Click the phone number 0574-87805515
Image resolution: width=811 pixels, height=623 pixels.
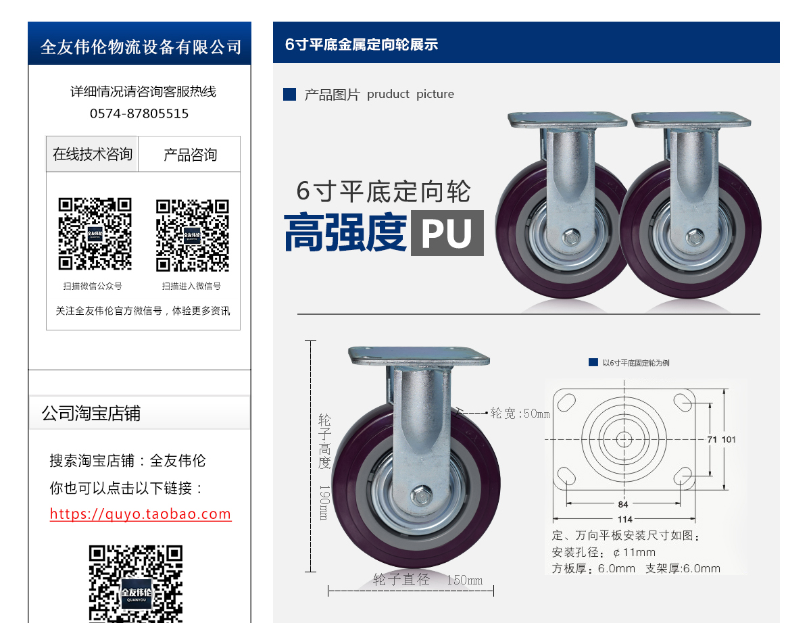(x=139, y=114)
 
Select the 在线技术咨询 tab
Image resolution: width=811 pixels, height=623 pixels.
(x=92, y=154)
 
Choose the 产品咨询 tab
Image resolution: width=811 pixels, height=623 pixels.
(x=190, y=154)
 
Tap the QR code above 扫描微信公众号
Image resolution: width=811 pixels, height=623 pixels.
(x=95, y=234)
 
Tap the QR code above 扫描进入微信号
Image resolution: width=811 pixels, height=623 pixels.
(x=193, y=235)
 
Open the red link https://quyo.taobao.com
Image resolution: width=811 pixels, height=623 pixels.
(x=141, y=514)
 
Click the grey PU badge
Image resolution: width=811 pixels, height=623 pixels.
(x=447, y=233)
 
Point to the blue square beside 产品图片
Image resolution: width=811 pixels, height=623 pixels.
(x=290, y=95)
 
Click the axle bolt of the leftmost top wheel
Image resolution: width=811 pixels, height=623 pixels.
(x=571, y=237)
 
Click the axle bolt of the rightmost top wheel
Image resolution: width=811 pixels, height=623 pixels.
(x=695, y=236)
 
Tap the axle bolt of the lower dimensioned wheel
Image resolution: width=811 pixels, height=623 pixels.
(x=422, y=496)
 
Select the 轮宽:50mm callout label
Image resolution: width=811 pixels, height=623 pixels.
(x=520, y=414)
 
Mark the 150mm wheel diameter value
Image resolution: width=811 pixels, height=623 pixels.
(x=465, y=580)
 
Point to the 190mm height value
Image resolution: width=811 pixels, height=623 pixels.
(x=324, y=503)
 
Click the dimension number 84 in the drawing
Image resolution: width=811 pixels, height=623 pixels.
(x=623, y=504)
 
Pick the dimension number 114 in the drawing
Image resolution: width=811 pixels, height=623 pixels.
(x=624, y=520)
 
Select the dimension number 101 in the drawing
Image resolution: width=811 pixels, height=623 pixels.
(x=729, y=439)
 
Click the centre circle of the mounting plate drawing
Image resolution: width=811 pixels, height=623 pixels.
(x=624, y=439)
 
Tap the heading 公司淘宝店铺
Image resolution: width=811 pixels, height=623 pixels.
(x=91, y=414)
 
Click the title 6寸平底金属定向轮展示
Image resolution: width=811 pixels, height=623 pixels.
(x=362, y=45)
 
